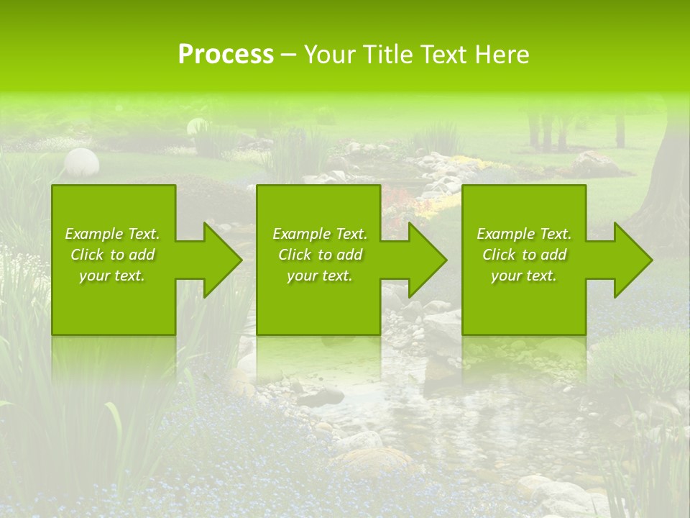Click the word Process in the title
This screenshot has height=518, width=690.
(x=226, y=55)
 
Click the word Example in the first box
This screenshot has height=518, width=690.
(x=93, y=234)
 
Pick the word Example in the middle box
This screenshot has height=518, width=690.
(x=301, y=234)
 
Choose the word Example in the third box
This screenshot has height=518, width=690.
(x=505, y=234)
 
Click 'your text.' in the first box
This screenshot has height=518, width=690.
(x=112, y=276)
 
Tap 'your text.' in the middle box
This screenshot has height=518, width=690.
(x=319, y=276)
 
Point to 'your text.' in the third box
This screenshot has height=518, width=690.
(x=523, y=276)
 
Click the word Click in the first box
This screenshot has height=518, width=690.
(x=88, y=255)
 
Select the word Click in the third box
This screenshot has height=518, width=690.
(x=500, y=255)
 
